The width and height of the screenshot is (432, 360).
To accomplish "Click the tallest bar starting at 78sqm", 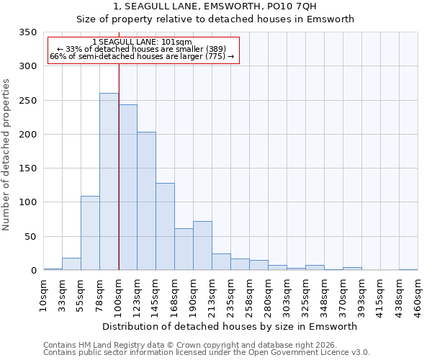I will (109, 181).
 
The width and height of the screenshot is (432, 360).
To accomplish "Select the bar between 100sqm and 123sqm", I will (127, 187).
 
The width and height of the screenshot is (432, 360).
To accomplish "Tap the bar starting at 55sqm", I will (90, 233).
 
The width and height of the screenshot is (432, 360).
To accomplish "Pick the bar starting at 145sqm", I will (165, 226).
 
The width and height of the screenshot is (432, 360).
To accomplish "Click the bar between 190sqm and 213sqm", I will (202, 246).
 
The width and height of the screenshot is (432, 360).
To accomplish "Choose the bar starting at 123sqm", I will (146, 201).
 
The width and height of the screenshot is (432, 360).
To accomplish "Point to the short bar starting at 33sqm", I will (71, 264).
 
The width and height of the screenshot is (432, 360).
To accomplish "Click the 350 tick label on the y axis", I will (27, 32).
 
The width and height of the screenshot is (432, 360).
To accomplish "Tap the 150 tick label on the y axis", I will (27, 168).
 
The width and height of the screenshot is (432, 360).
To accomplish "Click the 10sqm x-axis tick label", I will (43, 294).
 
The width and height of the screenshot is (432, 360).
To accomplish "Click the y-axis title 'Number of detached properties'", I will (7, 155).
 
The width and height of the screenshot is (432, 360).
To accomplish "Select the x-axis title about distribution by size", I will (230, 326).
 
